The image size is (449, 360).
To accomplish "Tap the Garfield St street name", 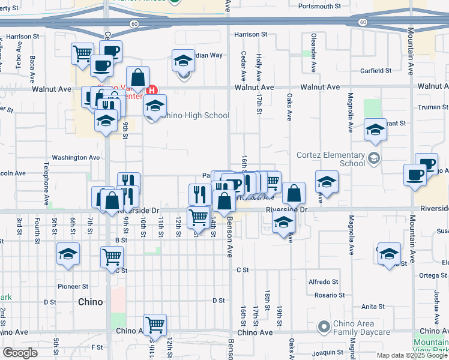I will click(x=376, y=71).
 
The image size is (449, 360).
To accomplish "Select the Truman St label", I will click(x=429, y=107).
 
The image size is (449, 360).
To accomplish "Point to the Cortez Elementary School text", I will click(x=331, y=158).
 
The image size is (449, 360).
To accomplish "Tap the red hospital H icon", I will click(x=152, y=91).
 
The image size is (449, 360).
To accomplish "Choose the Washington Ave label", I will click(x=76, y=158).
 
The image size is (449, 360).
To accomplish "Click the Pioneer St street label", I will click(x=73, y=287).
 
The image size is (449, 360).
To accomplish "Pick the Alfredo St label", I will click(x=324, y=282).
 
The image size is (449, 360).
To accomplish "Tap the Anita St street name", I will click(x=373, y=307).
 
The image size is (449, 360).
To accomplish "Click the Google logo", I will click(x=20, y=353).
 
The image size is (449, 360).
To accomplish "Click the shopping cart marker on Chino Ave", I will click(x=155, y=325).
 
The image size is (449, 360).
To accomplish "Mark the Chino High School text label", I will click(x=195, y=116).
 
